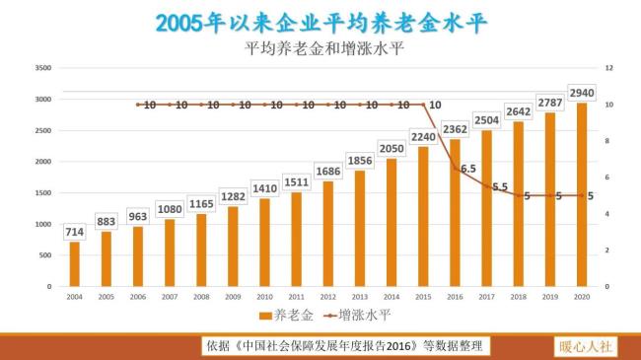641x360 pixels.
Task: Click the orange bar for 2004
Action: pos(75,263)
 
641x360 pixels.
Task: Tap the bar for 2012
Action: pos(328,234)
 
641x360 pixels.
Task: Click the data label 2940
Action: pos(582,93)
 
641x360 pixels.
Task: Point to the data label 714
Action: pos(75,231)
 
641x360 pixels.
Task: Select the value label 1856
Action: pos(360,161)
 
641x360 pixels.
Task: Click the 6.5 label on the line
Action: pos(467,169)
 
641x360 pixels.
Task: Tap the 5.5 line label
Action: pos(499,186)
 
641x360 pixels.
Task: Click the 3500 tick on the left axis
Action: pos(42,68)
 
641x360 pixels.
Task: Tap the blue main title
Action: pos(320,23)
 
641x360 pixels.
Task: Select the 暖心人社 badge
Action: pos(586,346)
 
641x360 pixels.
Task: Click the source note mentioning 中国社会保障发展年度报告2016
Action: pos(345,346)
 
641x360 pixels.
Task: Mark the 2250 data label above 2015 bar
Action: pos(423,137)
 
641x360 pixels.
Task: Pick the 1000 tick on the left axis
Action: pos(42,224)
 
